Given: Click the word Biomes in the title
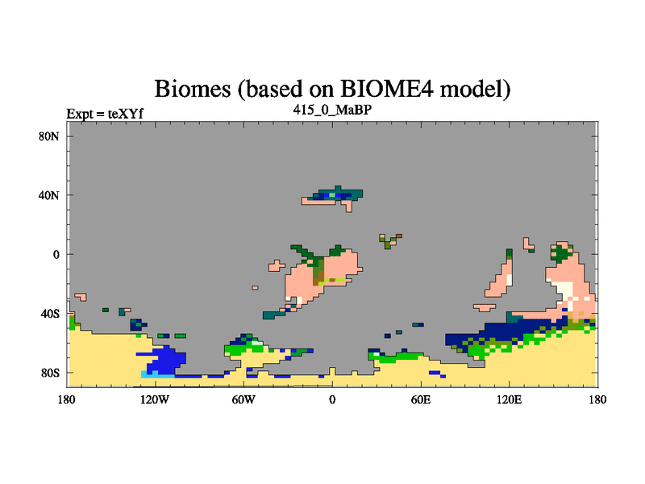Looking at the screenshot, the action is (193, 89).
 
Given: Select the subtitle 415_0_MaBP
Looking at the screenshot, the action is (332, 110).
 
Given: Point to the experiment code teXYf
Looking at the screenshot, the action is (126, 114).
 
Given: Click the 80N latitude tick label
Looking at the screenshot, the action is (49, 136).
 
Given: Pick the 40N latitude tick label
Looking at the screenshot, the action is (49, 195).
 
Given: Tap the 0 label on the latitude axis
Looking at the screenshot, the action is (56, 255).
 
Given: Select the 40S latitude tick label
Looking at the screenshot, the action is (49, 314).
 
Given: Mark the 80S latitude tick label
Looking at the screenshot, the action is (49, 373).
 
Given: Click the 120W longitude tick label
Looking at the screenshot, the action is (155, 399).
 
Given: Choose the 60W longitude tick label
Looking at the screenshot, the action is (243, 399).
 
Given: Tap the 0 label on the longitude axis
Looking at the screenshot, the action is (332, 399).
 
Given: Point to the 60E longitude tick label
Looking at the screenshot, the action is (420, 399).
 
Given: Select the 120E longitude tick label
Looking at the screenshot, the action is (509, 399).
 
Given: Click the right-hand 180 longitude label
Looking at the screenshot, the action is (597, 399).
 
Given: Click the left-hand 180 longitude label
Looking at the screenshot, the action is (67, 399).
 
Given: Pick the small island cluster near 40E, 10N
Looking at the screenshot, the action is (389, 240).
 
